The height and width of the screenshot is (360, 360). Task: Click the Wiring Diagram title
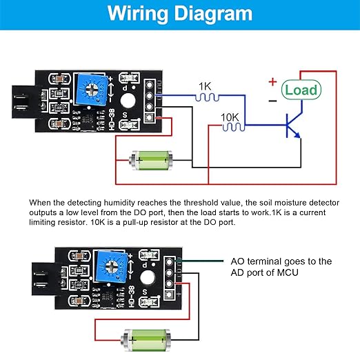pyautogui.click(x=180, y=14)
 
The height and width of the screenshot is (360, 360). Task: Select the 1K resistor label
pyautogui.click(x=205, y=86)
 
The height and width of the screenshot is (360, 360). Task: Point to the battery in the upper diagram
pyautogui.click(x=150, y=161)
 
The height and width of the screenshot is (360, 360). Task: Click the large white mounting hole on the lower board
pyautogui.click(x=146, y=278)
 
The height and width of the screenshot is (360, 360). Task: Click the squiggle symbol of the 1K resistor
pyautogui.click(x=205, y=98)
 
